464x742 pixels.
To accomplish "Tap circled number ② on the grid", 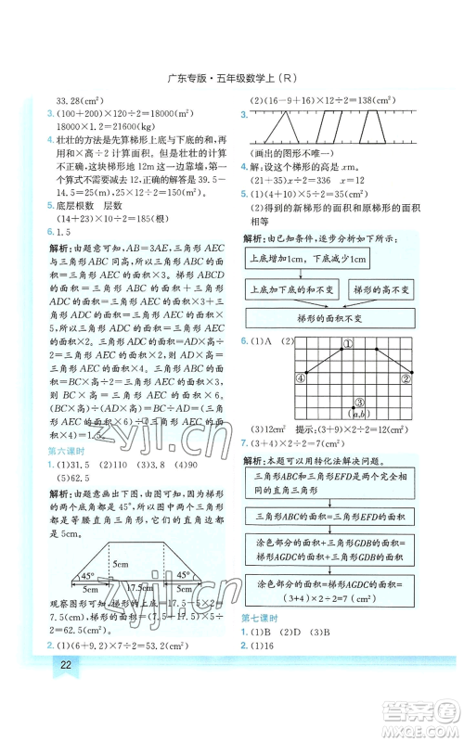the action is click(x=406, y=377).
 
